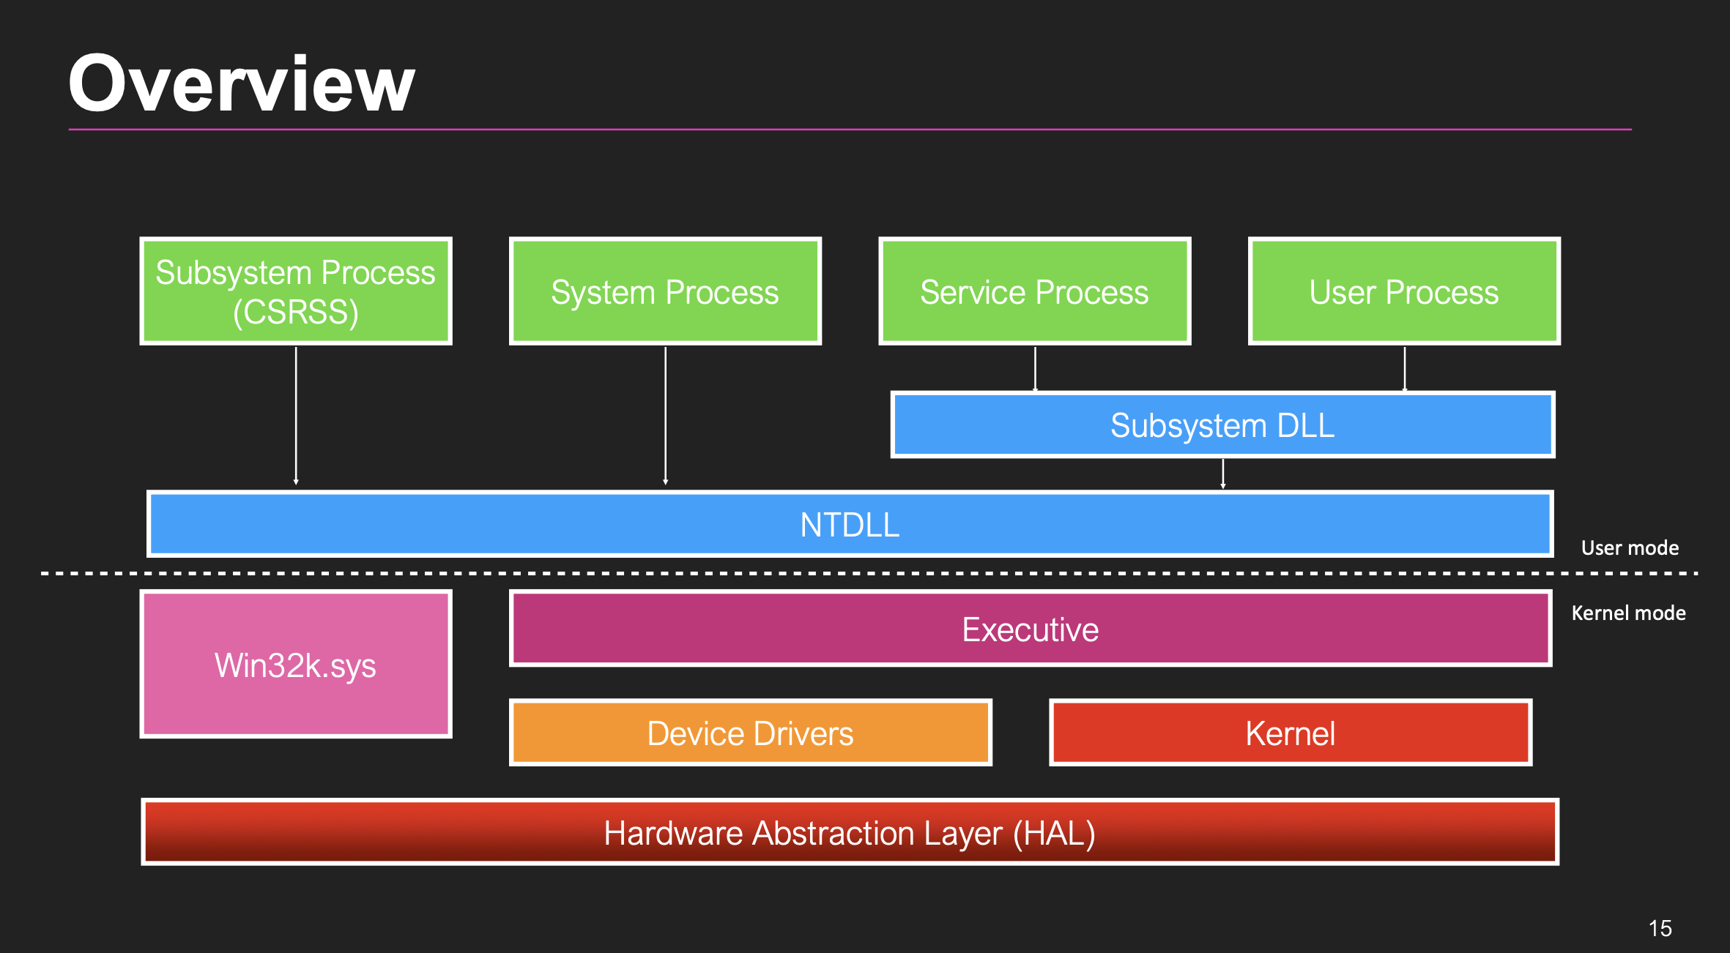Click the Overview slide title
click(x=242, y=84)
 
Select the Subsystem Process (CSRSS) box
click(x=296, y=291)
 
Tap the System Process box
click(x=665, y=291)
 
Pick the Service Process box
click(x=1034, y=291)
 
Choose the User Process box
click(x=1404, y=291)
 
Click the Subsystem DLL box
click(x=1222, y=425)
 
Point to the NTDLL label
click(x=850, y=525)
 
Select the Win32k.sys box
click(x=296, y=665)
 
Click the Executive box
click(x=1030, y=629)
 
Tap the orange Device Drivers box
click(x=750, y=733)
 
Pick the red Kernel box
click(x=1290, y=733)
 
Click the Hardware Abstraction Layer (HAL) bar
click(x=850, y=833)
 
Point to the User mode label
click(x=1630, y=547)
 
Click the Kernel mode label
click(x=1628, y=613)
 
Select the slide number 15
click(x=1660, y=928)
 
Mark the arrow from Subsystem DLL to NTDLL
click(x=1222, y=473)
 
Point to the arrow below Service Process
click(x=1035, y=368)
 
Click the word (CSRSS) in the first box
click(x=296, y=313)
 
